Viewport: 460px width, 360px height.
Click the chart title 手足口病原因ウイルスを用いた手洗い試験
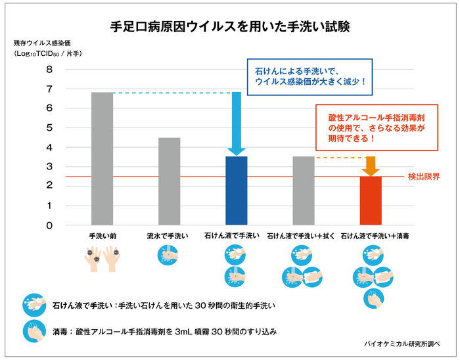(x=230, y=28)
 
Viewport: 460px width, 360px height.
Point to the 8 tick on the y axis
(x=49, y=69)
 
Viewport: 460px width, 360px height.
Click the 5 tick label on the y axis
(x=49, y=127)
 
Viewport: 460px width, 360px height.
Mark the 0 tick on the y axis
(x=49, y=225)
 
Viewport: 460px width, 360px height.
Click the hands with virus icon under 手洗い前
(x=102, y=258)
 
